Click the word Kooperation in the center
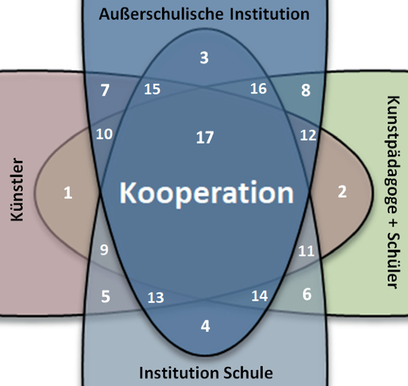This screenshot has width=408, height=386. point(205,193)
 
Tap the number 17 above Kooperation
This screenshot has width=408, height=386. point(204,138)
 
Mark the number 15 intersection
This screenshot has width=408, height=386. point(152,89)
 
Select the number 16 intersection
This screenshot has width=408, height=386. point(258,89)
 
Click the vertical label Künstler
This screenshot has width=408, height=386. point(17,189)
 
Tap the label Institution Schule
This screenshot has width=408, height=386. point(205,373)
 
